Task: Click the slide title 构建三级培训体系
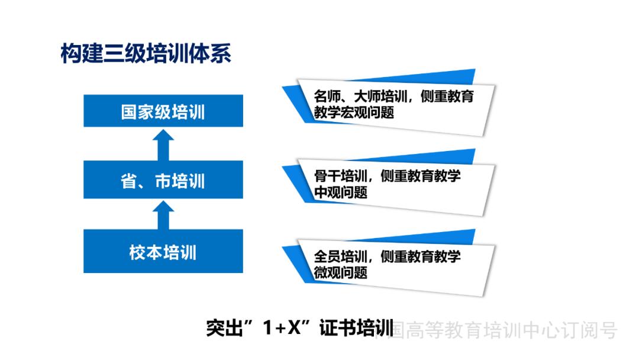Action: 145,54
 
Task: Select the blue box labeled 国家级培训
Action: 163,111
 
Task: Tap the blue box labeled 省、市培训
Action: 163,180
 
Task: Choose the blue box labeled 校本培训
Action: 163,252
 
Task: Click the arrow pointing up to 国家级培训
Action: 163,145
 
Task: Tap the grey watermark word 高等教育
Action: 441,330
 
